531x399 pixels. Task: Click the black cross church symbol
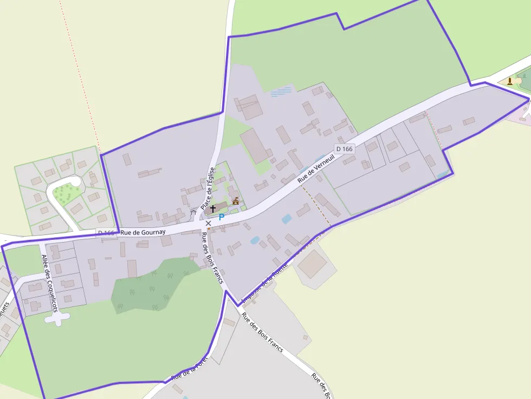[x=213, y=208]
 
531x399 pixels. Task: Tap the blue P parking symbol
[x=221, y=217]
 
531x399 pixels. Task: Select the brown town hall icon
[x=235, y=201]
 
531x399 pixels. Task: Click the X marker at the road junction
[x=208, y=223]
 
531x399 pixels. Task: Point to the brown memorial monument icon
[x=510, y=81]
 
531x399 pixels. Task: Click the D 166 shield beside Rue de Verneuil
[x=344, y=148]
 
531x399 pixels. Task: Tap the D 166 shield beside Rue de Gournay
[x=106, y=233]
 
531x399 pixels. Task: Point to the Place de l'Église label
[x=208, y=188]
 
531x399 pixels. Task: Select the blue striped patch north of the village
[x=281, y=91]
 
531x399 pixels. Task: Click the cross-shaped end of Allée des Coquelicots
[x=57, y=318]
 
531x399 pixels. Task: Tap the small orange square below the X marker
[x=209, y=229]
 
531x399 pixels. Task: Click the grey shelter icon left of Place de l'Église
[x=193, y=212]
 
